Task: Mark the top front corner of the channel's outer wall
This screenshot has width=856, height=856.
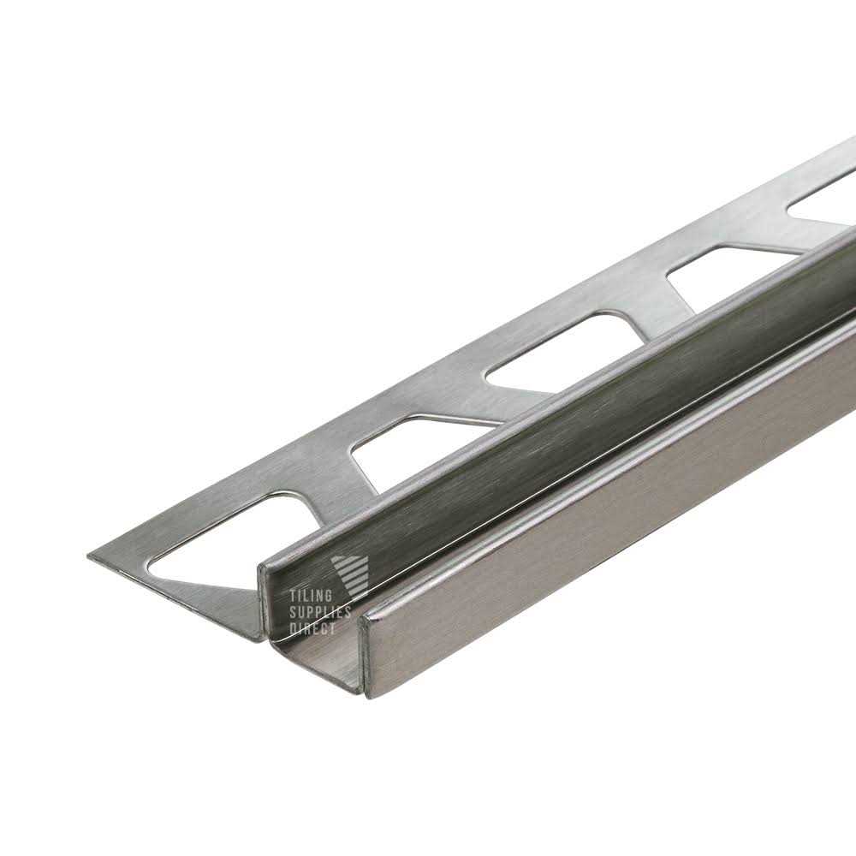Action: click(x=366, y=614)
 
